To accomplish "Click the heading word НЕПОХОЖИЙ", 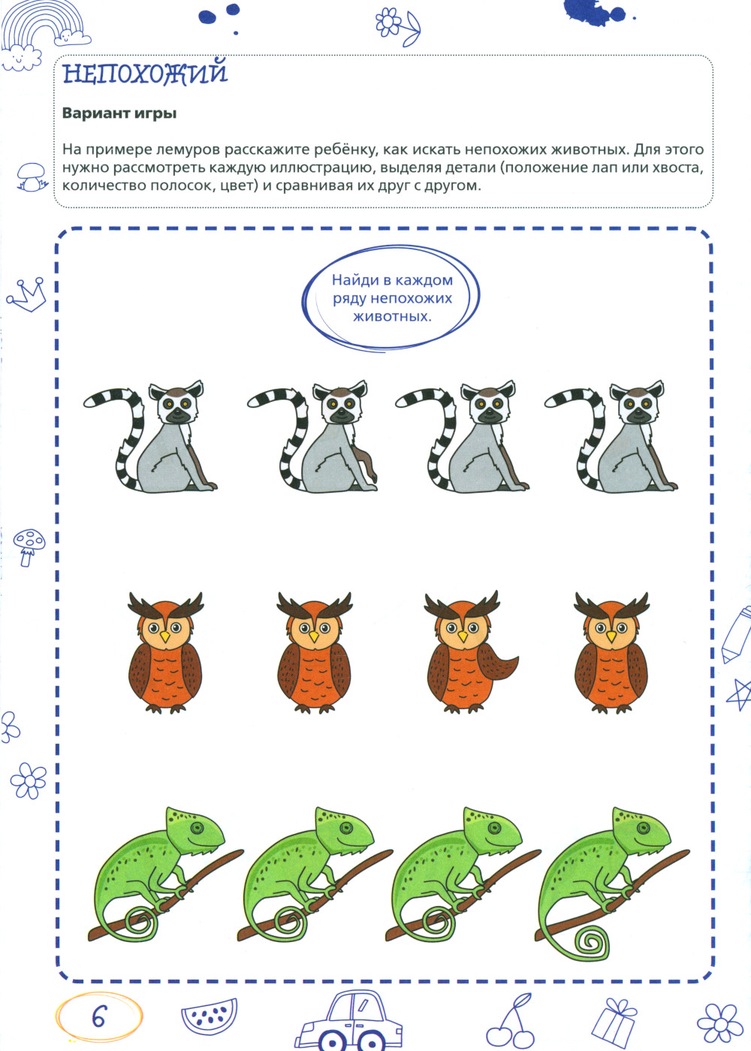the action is (x=145, y=73).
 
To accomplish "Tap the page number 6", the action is (x=99, y=1016).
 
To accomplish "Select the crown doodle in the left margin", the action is (x=27, y=294).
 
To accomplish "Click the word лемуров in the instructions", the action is (x=189, y=150).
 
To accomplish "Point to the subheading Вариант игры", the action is (x=119, y=113).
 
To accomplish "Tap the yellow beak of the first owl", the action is (x=164, y=636).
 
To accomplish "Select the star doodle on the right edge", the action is (x=740, y=694).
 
